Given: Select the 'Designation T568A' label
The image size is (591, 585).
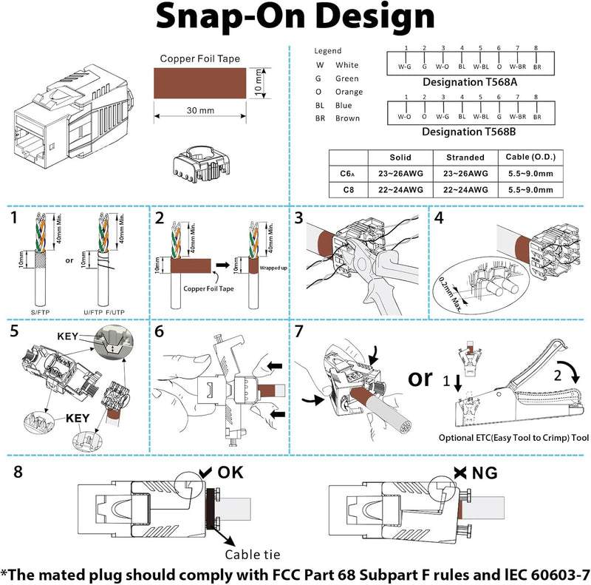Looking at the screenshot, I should tap(469, 82).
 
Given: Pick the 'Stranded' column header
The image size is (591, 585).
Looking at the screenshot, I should tap(465, 158).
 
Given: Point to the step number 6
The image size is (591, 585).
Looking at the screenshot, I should tap(160, 331).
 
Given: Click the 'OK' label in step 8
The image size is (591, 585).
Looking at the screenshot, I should tap(228, 473).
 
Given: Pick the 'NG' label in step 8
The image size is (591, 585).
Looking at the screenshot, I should tap(485, 473).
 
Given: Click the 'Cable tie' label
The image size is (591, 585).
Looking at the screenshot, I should tap(252, 554).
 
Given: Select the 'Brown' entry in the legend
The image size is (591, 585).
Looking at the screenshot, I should tap(347, 118).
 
